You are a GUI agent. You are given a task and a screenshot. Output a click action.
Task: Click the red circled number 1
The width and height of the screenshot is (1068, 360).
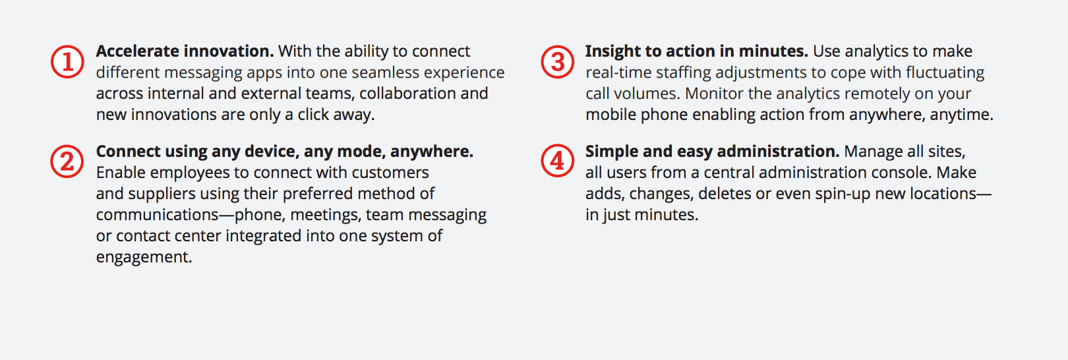(x=67, y=61)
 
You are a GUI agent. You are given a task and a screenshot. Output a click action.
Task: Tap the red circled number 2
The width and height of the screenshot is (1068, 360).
(x=67, y=162)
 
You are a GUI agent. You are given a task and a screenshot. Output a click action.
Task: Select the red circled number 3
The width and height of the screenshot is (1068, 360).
(x=557, y=61)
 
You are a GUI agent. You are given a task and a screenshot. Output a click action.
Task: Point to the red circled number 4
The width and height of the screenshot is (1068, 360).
(x=557, y=161)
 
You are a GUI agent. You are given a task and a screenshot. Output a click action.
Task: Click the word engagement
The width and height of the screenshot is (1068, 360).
(x=144, y=258)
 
